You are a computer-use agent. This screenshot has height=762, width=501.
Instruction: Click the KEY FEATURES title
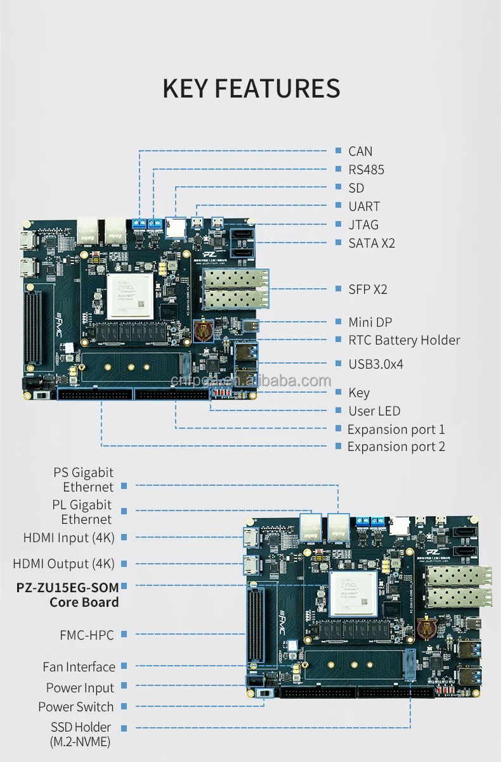(251, 89)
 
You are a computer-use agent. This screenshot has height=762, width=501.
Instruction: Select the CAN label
(360, 151)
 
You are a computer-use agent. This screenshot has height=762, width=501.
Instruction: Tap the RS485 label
(366, 170)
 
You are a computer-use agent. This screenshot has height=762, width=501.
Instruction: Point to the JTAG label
(363, 225)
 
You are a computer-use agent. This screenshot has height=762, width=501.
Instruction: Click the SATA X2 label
(372, 243)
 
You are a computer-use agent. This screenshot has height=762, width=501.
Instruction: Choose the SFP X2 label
(368, 289)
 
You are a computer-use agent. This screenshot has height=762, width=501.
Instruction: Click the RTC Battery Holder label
(404, 340)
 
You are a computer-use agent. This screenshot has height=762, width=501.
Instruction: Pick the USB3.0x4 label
(375, 364)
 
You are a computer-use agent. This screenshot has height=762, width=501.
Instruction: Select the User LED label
(374, 411)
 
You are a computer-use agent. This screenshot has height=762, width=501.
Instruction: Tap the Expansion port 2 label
(396, 447)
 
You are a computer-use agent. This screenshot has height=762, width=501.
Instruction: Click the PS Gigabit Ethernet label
(84, 479)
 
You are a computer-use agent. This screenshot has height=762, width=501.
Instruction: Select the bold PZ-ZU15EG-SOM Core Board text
(68, 594)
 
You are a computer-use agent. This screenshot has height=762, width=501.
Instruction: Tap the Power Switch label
(76, 707)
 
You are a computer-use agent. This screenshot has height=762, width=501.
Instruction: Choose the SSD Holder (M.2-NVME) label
(81, 734)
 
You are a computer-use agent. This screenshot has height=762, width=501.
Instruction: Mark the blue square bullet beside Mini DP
(339, 322)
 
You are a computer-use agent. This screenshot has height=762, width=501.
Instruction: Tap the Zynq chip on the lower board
(353, 594)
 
